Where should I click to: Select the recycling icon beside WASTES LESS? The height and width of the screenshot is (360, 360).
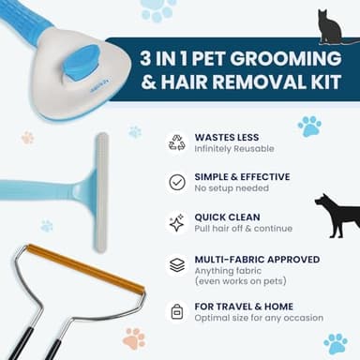tap(177, 142)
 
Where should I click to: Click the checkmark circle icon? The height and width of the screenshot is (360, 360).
tap(177, 182)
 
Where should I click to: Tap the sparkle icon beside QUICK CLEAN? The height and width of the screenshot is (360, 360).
tap(177, 223)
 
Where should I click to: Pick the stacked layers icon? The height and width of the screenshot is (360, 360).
tap(177, 264)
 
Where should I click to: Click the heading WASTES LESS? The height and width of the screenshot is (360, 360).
tap(228, 136)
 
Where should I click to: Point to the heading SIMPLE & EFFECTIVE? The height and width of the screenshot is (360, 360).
tap(243, 176)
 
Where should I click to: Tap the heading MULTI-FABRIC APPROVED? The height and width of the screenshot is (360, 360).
tap(258, 259)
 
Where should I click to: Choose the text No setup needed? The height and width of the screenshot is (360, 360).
tap(228, 188)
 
